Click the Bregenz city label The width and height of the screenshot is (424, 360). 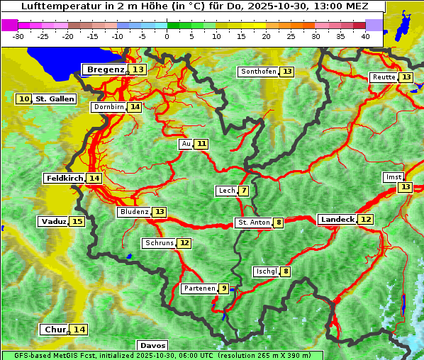click(x=105, y=69)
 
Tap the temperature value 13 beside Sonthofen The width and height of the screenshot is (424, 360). click(x=287, y=72)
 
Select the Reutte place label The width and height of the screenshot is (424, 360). click(x=384, y=77)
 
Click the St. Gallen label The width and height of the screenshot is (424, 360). click(x=55, y=99)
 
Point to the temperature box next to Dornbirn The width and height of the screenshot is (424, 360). click(x=135, y=107)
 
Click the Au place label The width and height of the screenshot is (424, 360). click(x=186, y=144)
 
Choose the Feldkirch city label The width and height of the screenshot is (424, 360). click(x=64, y=179)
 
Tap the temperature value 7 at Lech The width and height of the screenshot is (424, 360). click(x=244, y=191)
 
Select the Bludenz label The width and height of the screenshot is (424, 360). click(x=134, y=212)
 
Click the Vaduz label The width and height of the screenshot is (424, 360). click(x=54, y=222)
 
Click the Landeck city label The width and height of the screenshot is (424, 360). click(x=337, y=220)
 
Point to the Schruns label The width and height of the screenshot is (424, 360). click(x=159, y=243)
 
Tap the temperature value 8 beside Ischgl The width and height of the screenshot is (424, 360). click(x=285, y=271)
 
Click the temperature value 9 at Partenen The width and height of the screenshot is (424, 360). click(x=224, y=288)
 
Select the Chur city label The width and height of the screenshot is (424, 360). click(x=55, y=330)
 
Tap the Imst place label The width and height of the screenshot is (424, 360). click(x=392, y=177)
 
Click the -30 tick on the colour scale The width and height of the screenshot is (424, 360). click(x=18, y=36)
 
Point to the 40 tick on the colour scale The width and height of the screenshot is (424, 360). click(x=365, y=36)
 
